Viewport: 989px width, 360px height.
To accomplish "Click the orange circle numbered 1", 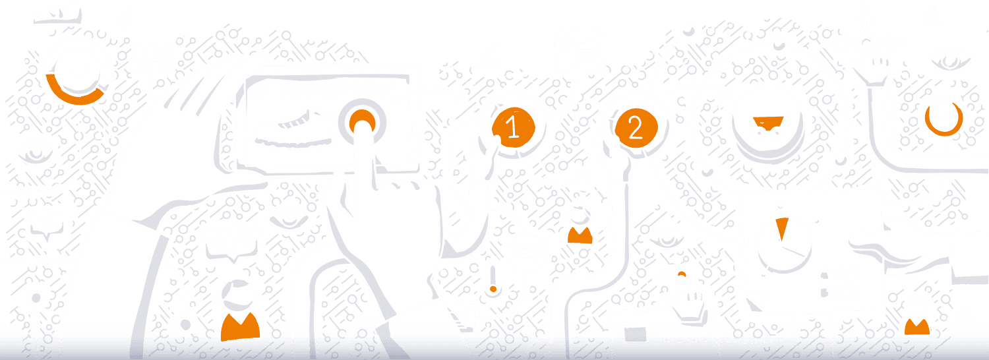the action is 514,127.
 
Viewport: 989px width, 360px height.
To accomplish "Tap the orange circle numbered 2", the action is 636,128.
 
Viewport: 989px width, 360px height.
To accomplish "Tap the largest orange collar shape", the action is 240,327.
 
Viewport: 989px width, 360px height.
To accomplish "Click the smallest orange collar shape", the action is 917,326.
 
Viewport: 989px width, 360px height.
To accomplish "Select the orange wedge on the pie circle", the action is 781,227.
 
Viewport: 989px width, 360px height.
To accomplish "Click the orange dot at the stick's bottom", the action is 493,289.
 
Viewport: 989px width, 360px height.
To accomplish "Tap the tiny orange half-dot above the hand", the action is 682,274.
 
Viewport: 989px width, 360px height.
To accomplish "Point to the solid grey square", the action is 635,334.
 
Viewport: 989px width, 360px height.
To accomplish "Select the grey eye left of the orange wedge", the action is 667,242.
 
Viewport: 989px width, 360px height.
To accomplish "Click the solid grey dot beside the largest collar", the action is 185,324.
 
